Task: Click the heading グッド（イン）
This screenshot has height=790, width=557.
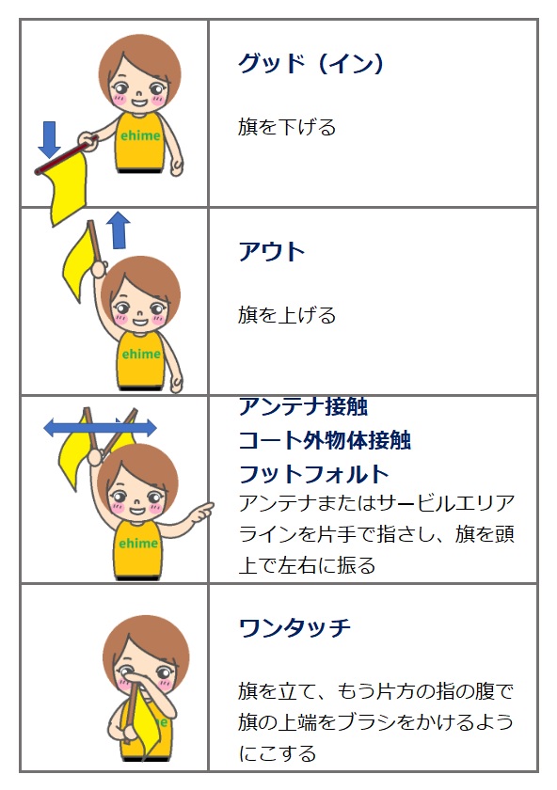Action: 310,64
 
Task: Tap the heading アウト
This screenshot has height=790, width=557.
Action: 272,251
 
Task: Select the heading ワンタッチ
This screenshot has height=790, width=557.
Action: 294,628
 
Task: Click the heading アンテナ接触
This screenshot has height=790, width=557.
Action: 304,406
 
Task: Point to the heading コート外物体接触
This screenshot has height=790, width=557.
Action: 325,440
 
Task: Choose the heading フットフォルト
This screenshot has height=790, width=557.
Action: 313,474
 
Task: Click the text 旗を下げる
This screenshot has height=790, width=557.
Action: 287,127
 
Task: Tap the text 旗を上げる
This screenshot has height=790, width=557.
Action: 287,315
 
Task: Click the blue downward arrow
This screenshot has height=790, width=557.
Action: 50,139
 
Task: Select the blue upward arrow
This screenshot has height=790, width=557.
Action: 119,229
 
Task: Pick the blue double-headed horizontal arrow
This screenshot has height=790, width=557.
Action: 100,428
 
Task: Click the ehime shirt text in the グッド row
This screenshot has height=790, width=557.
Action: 140,135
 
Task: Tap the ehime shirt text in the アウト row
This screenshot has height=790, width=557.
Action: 141,355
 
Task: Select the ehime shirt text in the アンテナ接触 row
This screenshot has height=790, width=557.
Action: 138,544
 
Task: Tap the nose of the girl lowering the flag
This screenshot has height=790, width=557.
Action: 137,93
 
